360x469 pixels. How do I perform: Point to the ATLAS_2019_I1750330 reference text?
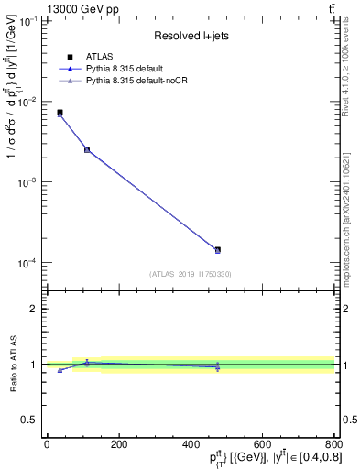[x=190, y=274]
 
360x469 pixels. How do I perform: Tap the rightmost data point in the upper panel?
[x=217, y=249]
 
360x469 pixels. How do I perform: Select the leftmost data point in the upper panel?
[x=60, y=113]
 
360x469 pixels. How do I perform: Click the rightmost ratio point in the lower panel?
[x=217, y=366]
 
